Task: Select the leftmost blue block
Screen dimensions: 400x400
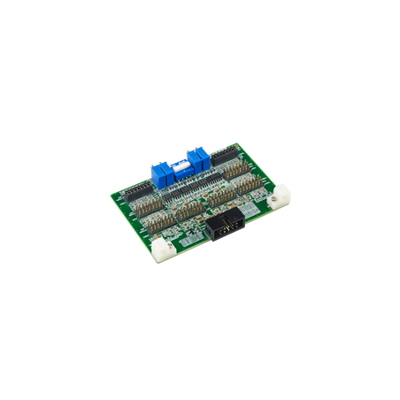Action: (x=160, y=174)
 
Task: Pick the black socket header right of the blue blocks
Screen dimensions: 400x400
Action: (x=222, y=154)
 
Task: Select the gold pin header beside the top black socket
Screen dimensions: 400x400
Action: (x=235, y=168)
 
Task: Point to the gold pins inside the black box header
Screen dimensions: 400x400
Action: (x=230, y=227)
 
